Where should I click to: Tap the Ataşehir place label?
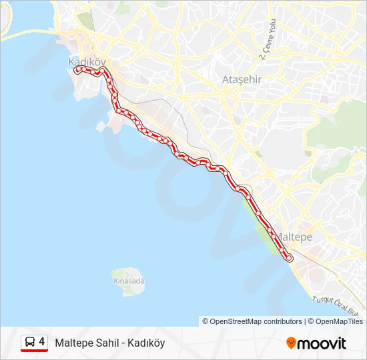(241, 80)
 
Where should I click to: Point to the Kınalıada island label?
(128, 281)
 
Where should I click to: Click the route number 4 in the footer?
(42, 342)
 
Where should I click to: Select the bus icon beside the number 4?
(30, 343)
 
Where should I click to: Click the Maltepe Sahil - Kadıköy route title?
(109, 343)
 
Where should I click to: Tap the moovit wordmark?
(322, 343)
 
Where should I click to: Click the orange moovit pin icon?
(291, 343)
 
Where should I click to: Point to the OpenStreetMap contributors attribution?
(252, 321)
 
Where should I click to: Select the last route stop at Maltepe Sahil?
(290, 258)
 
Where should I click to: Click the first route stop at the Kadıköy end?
(78, 69)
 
